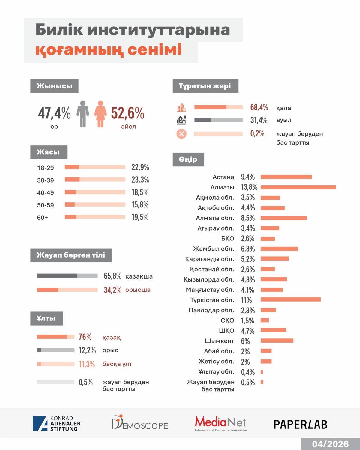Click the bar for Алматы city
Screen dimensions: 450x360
[298, 187]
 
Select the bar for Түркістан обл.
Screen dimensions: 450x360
[290, 300]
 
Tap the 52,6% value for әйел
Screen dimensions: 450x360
[127, 113]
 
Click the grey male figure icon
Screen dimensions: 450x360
[83, 114]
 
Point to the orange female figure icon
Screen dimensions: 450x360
[100, 114]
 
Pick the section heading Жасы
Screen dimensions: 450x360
[49, 152]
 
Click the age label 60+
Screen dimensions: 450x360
[43, 218]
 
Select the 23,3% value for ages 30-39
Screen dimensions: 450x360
[140, 180]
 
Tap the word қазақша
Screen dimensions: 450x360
[139, 276]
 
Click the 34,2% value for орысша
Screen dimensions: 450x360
[112, 290]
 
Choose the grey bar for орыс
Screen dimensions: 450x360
[56, 350]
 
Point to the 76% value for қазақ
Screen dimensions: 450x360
[85, 337]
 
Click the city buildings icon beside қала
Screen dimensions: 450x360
[181, 107]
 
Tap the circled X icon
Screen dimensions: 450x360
[181, 134]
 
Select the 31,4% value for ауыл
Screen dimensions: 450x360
[259, 120]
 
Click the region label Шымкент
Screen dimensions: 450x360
[219, 341]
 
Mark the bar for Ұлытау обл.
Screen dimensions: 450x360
[262, 372]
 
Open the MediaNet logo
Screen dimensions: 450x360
[221, 423]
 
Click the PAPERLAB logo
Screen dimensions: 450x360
[300, 424]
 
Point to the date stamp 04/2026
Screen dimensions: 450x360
[330, 444]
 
